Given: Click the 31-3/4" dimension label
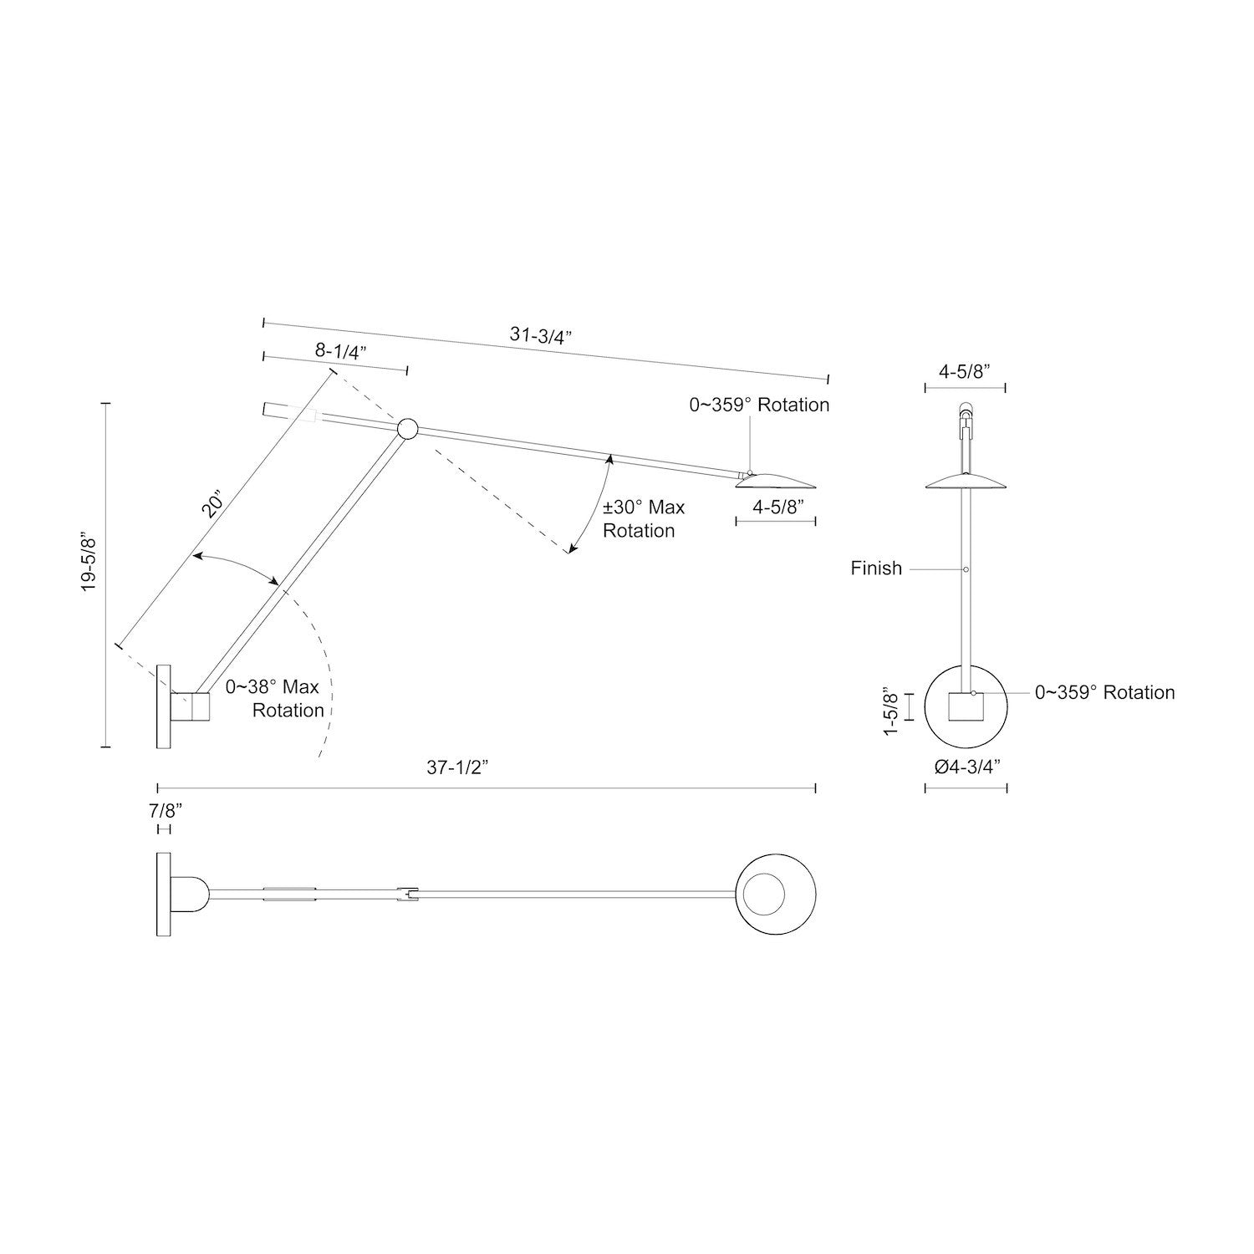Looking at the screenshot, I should [x=540, y=335].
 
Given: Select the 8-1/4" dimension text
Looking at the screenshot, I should [x=336, y=351].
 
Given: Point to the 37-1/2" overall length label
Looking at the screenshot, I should [x=457, y=768].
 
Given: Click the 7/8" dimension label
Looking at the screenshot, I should [x=165, y=810].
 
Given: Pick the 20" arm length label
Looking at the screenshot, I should [x=213, y=506].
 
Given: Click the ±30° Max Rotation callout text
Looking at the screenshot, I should [x=642, y=519].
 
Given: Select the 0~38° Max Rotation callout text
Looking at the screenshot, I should [x=274, y=699].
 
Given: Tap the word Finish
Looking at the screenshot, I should [x=876, y=568].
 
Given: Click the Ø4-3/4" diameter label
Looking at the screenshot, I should [x=966, y=767].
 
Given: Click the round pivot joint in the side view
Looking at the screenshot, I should [x=407, y=430].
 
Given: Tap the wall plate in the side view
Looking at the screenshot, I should [x=163, y=706].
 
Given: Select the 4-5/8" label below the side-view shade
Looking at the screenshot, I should [x=777, y=506].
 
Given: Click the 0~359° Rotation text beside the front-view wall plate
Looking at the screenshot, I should [x=1104, y=692].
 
